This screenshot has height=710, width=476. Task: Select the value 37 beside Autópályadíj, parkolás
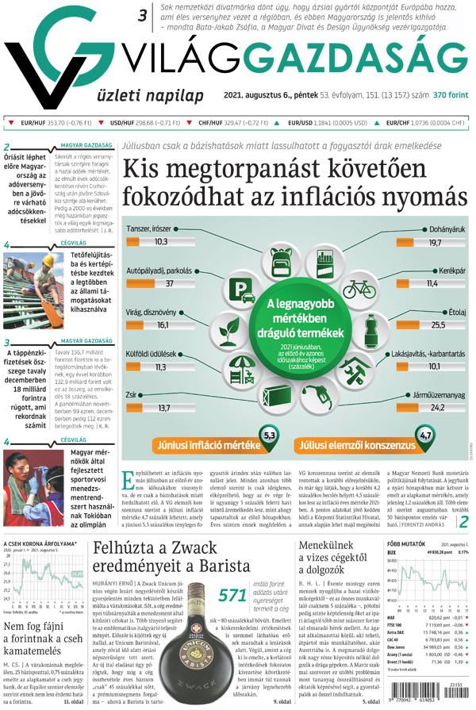(x=169, y=283)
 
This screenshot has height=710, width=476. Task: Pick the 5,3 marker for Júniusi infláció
(x=270, y=436)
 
